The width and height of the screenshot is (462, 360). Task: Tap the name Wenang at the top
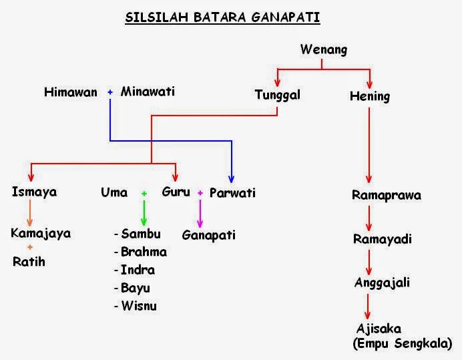point(323,49)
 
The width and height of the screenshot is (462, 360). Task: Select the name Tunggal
point(277,95)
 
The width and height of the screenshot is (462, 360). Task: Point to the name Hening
point(369,96)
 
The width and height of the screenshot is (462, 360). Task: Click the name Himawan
point(71,92)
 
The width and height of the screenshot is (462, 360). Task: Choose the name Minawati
point(148,92)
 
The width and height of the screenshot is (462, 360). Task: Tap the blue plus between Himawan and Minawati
point(110,92)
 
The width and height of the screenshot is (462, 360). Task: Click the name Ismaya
point(34,192)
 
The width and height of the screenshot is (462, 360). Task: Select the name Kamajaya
point(41,234)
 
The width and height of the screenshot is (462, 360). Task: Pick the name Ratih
point(29,261)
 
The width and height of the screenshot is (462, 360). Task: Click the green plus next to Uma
point(144,193)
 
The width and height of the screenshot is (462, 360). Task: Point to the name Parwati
point(232,193)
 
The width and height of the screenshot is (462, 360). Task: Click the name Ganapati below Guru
point(208,235)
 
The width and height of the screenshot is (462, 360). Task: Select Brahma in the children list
point(144,252)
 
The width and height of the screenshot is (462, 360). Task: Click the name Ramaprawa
point(387,196)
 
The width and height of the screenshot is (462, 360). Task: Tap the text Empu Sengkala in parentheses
point(402,343)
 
